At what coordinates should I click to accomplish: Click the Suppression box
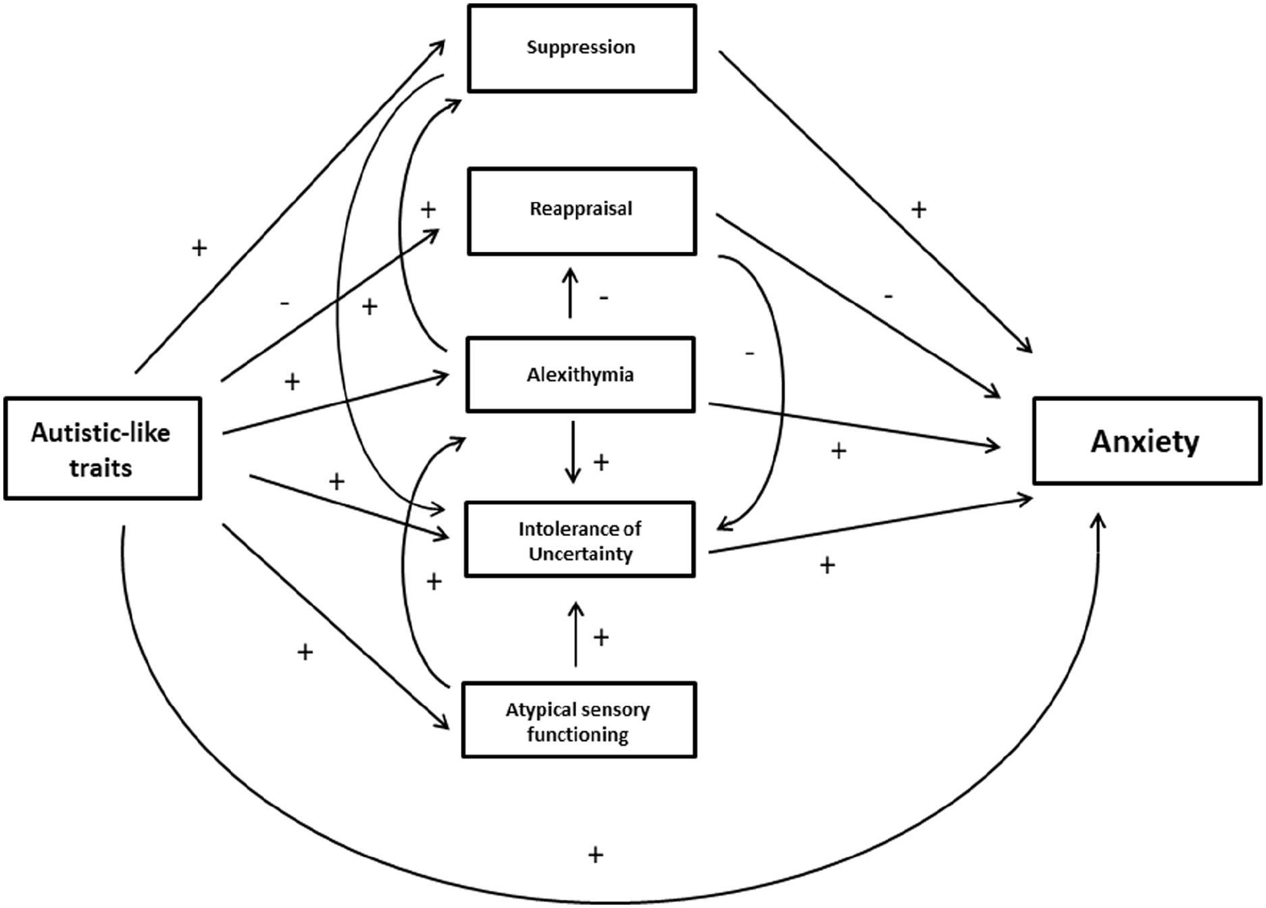tap(582, 48)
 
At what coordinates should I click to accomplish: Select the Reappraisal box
tap(582, 211)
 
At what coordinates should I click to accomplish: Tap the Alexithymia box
tap(580, 375)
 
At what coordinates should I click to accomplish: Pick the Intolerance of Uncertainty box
tap(580, 539)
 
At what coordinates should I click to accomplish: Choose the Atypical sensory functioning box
tap(579, 720)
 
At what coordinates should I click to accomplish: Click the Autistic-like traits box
tap(103, 448)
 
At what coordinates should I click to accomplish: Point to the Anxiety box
tap(1147, 441)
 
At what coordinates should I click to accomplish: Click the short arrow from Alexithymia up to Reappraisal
tap(571, 292)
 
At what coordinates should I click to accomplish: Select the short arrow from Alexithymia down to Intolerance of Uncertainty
tap(573, 452)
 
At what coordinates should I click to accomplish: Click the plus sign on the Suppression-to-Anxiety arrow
tap(919, 210)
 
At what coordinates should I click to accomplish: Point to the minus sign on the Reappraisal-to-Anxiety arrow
tap(888, 296)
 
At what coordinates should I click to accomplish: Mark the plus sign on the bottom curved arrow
tap(595, 855)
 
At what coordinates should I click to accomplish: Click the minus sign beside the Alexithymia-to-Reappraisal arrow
tap(604, 297)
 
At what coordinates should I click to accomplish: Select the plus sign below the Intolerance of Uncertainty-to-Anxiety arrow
tap(828, 565)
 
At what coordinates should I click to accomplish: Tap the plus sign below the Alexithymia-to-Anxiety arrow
tap(838, 451)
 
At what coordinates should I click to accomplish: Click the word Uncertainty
tap(580, 554)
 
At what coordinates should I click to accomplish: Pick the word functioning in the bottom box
tap(578, 735)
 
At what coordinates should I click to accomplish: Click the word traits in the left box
tap(101, 468)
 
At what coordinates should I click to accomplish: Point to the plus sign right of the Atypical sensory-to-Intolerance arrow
tap(601, 637)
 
